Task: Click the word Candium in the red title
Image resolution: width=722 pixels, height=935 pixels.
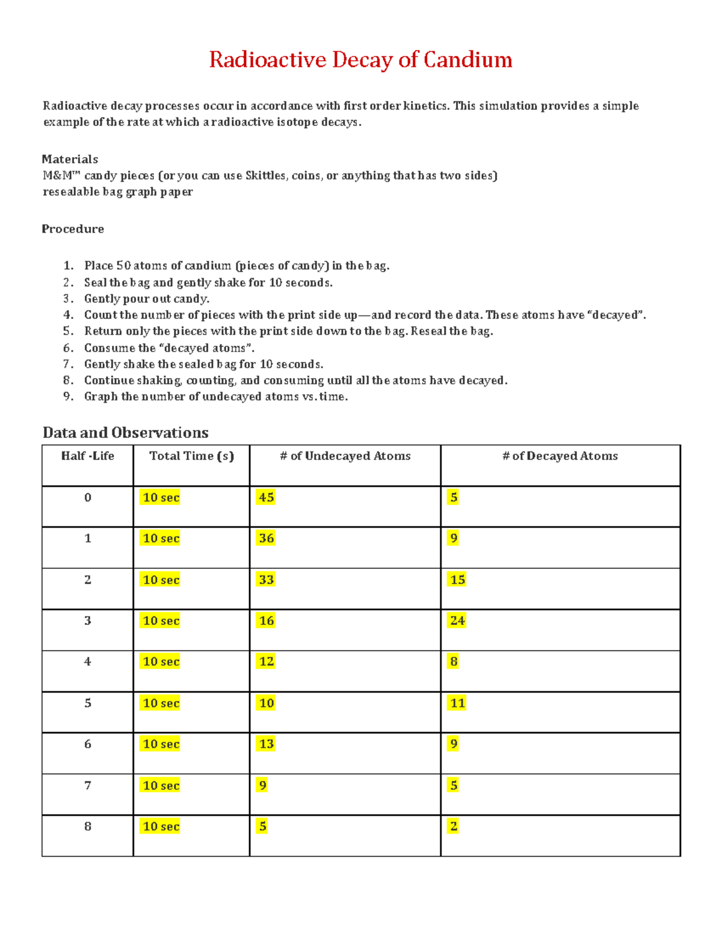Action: (467, 60)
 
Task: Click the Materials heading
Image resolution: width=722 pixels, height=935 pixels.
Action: (70, 159)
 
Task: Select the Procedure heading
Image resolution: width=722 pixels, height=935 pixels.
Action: (73, 229)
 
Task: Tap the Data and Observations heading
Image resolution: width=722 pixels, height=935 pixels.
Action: (125, 432)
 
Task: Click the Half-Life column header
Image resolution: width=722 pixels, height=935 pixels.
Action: (88, 456)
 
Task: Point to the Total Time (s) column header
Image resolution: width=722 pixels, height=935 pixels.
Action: (191, 456)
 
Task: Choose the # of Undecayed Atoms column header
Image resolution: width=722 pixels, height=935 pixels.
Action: (345, 456)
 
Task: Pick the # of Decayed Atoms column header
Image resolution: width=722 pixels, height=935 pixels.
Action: (560, 456)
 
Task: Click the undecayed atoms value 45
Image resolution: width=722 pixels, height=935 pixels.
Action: (266, 497)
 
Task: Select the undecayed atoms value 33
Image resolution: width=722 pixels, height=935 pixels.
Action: (266, 580)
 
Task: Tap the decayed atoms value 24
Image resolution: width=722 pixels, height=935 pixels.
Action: (457, 621)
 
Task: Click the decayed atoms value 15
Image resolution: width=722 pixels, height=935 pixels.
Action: (457, 580)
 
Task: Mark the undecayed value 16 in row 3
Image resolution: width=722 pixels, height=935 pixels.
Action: (266, 621)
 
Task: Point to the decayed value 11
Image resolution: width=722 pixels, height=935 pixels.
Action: (457, 703)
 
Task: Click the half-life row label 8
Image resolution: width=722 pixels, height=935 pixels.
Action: (88, 826)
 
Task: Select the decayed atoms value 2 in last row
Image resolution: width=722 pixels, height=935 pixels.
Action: (454, 826)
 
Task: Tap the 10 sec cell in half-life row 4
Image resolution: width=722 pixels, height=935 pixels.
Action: (161, 662)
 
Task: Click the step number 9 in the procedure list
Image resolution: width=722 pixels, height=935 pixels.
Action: (68, 396)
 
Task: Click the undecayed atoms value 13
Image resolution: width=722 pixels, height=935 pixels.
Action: (266, 744)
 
